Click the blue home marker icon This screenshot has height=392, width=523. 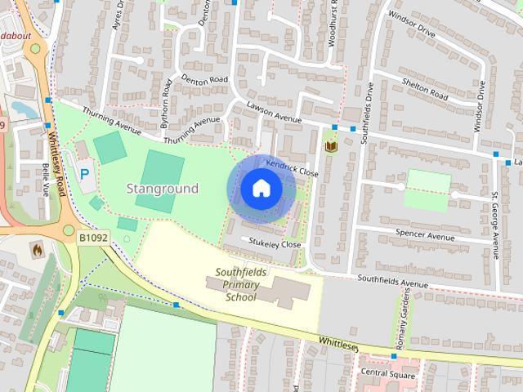261,189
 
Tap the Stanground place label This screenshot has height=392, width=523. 162,189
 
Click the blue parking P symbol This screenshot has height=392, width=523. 86,174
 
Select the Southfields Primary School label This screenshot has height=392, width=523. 237,284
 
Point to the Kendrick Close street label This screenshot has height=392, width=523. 292,168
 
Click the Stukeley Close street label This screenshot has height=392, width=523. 275,243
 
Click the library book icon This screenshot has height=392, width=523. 331,146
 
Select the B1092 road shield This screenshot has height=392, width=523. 94,238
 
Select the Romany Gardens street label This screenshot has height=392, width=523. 401,321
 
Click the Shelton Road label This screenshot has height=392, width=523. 425,89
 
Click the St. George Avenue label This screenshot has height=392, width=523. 495,225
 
